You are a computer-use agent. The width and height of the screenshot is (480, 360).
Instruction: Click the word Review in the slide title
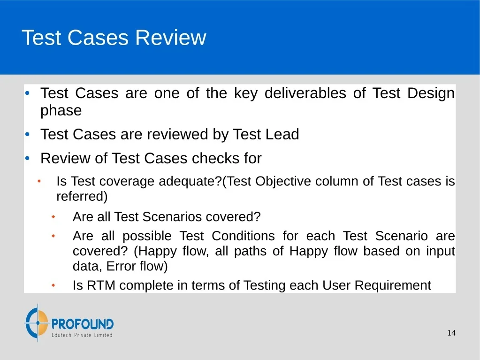coord(170,38)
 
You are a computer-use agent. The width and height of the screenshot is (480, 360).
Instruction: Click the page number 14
coord(451,333)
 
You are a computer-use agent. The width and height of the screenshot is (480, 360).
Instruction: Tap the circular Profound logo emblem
coord(37,322)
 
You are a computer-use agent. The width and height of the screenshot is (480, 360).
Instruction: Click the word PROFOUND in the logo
coord(83,324)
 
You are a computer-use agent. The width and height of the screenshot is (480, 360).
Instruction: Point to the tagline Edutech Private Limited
coord(82,335)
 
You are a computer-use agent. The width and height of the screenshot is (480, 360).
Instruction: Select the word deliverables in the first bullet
coord(305,93)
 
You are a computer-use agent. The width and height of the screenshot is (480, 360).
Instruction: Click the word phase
coord(61,110)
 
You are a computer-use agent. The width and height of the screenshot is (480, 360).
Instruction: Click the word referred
coord(82,196)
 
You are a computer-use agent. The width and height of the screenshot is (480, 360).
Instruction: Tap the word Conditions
coord(243,236)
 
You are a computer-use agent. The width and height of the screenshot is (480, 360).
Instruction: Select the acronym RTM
coord(101,285)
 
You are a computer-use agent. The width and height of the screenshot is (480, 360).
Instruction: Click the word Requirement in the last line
coord(393,286)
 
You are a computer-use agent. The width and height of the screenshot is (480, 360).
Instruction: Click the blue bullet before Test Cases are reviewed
coord(28,134)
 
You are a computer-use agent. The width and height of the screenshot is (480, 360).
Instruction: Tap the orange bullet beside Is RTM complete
coord(53,285)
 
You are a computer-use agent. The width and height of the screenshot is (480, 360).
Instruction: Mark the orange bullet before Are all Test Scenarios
coord(53,217)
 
